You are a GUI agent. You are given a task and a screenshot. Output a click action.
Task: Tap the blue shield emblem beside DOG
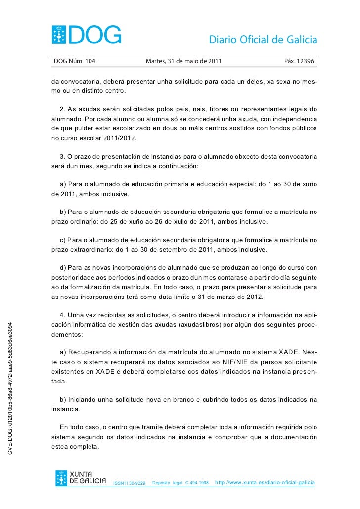coord(61,35)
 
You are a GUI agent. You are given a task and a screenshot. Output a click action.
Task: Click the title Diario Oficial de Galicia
coord(263,40)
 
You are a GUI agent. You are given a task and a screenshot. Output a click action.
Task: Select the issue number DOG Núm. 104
coord(75,61)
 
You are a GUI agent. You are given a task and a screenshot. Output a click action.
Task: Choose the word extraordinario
coord(86,249)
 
